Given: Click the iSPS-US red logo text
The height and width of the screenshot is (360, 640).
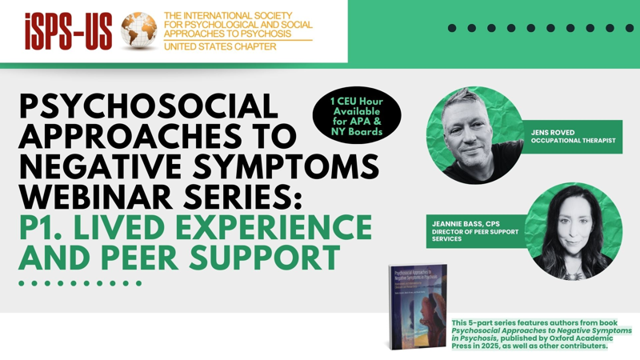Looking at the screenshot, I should [x=68, y=32].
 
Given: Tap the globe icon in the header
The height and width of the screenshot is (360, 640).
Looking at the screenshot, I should [x=139, y=31].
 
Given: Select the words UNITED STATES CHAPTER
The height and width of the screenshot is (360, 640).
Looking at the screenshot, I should [x=220, y=47].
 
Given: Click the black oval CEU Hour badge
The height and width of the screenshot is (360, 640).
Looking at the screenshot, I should [x=357, y=117].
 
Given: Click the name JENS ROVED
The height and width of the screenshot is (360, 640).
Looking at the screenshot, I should [x=552, y=131].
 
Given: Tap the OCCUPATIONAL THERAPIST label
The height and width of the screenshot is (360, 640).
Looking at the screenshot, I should [x=571, y=141].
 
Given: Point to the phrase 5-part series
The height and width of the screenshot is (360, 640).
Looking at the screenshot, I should [x=492, y=322].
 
